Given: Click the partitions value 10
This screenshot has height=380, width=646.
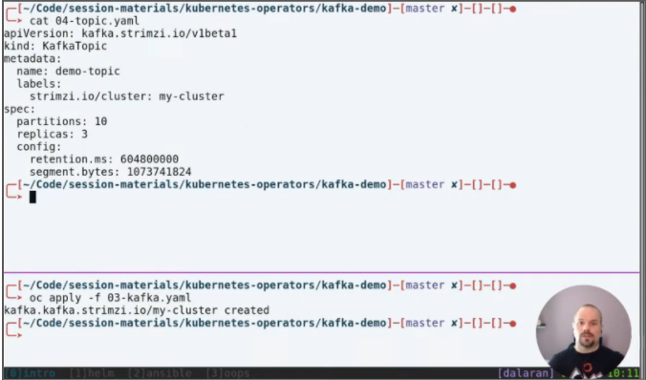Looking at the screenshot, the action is (x=100, y=121).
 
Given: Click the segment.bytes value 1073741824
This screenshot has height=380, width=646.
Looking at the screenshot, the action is (x=156, y=172).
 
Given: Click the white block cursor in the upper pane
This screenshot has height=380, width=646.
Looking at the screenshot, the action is (x=32, y=197).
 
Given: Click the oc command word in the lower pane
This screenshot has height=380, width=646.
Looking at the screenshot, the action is (x=36, y=298).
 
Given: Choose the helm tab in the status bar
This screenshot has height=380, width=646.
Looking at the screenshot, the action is (x=88, y=373).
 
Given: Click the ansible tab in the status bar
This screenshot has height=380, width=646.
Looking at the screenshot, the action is (x=143, y=373).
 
